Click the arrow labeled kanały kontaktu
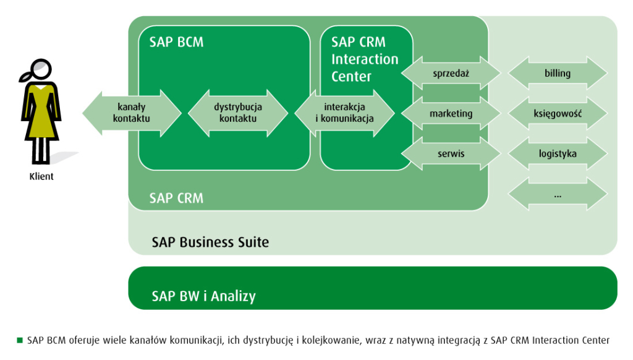[x=132, y=113]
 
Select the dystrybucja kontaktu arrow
[x=238, y=113]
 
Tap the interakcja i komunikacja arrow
[x=344, y=113]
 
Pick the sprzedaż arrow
[x=451, y=74]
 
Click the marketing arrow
[x=451, y=114]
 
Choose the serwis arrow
[x=451, y=153]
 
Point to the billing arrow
[x=558, y=74]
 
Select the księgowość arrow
[x=558, y=114]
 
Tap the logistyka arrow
[x=558, y=153]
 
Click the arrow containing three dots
[x=558, y=194]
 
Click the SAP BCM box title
[x=176, y=42]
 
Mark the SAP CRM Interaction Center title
[x=364, y=59]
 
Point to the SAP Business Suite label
[x=210, y=242]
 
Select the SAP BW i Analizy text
[x=203, y=296]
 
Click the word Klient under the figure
[x=41, y=177]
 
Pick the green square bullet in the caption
[x=20, y=340]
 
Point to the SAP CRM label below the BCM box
[x=176, y=199]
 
